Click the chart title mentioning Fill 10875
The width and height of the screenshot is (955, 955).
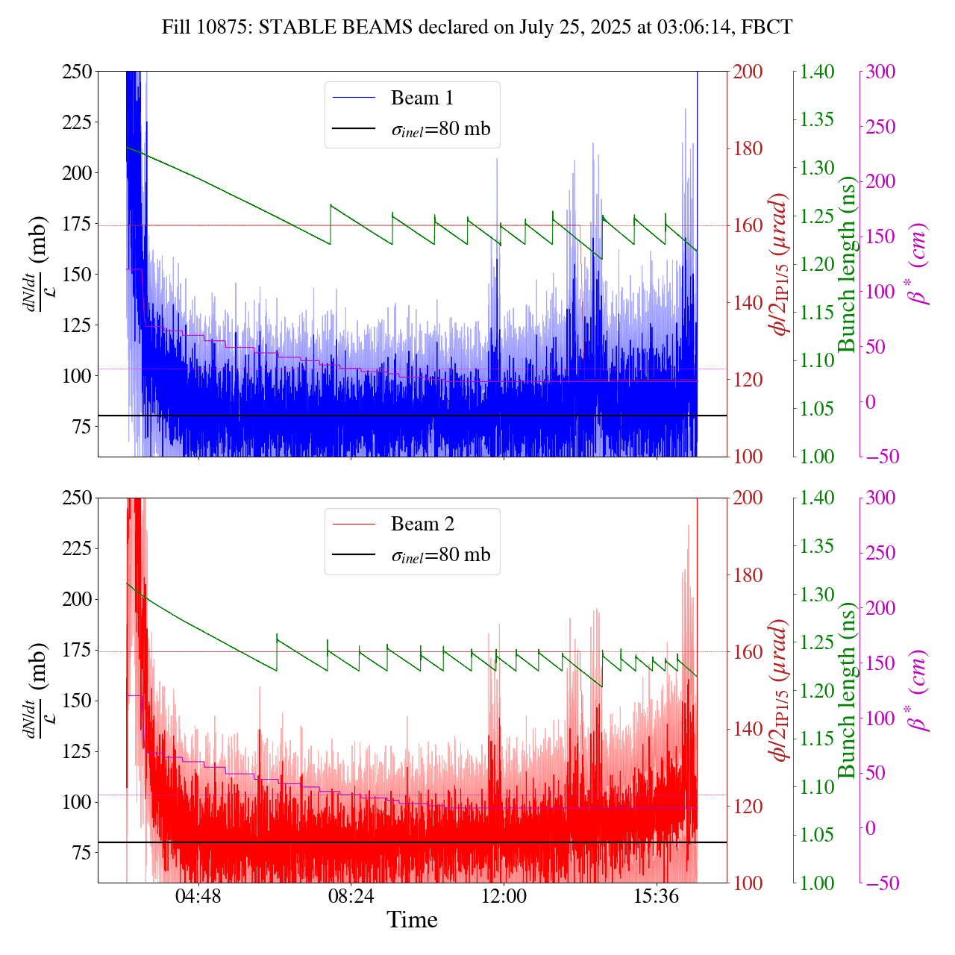pos(477,28)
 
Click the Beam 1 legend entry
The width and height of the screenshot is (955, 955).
pos(422,98)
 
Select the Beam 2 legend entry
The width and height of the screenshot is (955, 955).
pos(422,525)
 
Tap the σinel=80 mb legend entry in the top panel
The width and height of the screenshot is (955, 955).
pos(440,129)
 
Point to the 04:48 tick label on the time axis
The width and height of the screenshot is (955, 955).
pos(198,895)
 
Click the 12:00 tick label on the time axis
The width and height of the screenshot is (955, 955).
pos(504,895)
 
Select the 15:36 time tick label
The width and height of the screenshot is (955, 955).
pos(657,895)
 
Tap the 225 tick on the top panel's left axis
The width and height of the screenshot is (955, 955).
pos(74,122)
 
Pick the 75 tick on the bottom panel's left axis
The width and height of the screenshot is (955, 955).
pos(79,853)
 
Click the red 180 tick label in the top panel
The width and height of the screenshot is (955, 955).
pos(748,148)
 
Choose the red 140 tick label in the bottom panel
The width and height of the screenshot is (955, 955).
pos(748,729)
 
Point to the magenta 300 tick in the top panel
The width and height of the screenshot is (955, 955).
pos(880,72)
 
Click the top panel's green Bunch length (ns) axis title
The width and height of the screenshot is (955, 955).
pos(847,264)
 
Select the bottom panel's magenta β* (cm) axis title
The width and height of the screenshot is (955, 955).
pos(918,690)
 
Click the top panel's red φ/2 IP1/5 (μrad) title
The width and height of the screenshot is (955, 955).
pos(780,264)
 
